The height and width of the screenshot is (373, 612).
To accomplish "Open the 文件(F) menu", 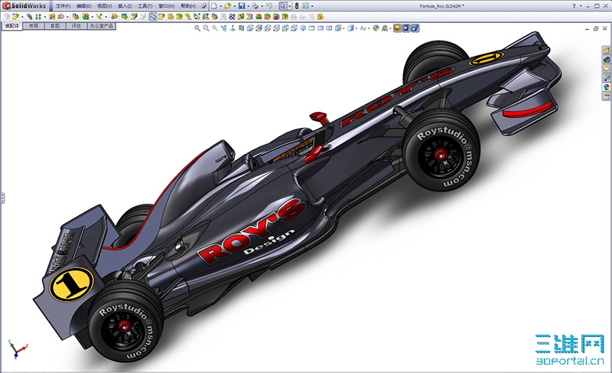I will point(63,5).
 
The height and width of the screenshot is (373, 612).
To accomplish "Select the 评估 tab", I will point(76,25).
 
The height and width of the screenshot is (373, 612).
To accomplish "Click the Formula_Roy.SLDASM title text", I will point(443,5).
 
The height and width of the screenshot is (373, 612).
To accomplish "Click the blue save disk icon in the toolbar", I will point(242,5).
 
